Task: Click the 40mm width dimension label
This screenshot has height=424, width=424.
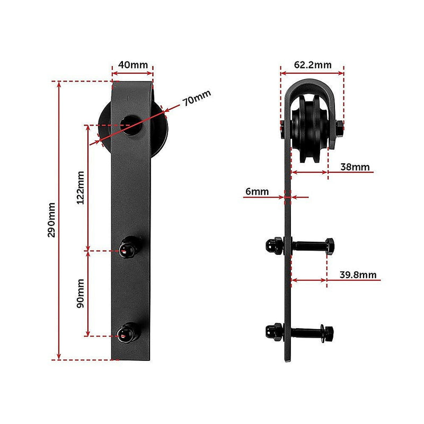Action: (132, 65)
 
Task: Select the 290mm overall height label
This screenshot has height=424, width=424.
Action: (51, 220)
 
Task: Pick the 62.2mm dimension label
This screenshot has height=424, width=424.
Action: (313, 65)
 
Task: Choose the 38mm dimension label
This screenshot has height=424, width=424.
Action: (355, 167)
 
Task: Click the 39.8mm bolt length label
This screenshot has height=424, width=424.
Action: (358, 275)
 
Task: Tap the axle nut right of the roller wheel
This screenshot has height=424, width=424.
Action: (338, 128)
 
